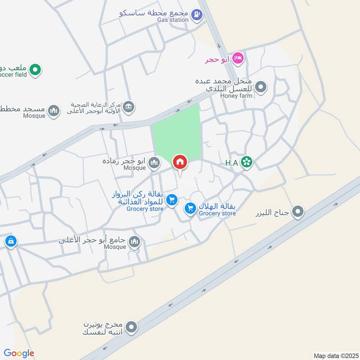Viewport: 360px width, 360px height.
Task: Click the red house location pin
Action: click(180, 162)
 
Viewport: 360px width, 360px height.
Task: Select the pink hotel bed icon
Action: click(238, 58)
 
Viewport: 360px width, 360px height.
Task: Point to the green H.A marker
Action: click(246, 162)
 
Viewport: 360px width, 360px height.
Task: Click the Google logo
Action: click(19, 354)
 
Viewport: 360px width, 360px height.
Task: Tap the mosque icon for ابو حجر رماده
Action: click(154, 162)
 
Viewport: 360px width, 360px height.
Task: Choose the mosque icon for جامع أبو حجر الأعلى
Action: click(134, 243)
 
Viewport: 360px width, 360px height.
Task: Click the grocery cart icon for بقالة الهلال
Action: click(190, 208)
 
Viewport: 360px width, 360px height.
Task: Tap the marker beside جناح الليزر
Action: click(298, 211)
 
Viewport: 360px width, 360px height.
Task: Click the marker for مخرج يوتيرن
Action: click(131, 327)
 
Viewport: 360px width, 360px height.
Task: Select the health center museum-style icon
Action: click(128, 107)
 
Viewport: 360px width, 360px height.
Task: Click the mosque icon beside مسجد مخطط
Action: click(54, 110)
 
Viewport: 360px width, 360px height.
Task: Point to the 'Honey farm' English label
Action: click(237, 96)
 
